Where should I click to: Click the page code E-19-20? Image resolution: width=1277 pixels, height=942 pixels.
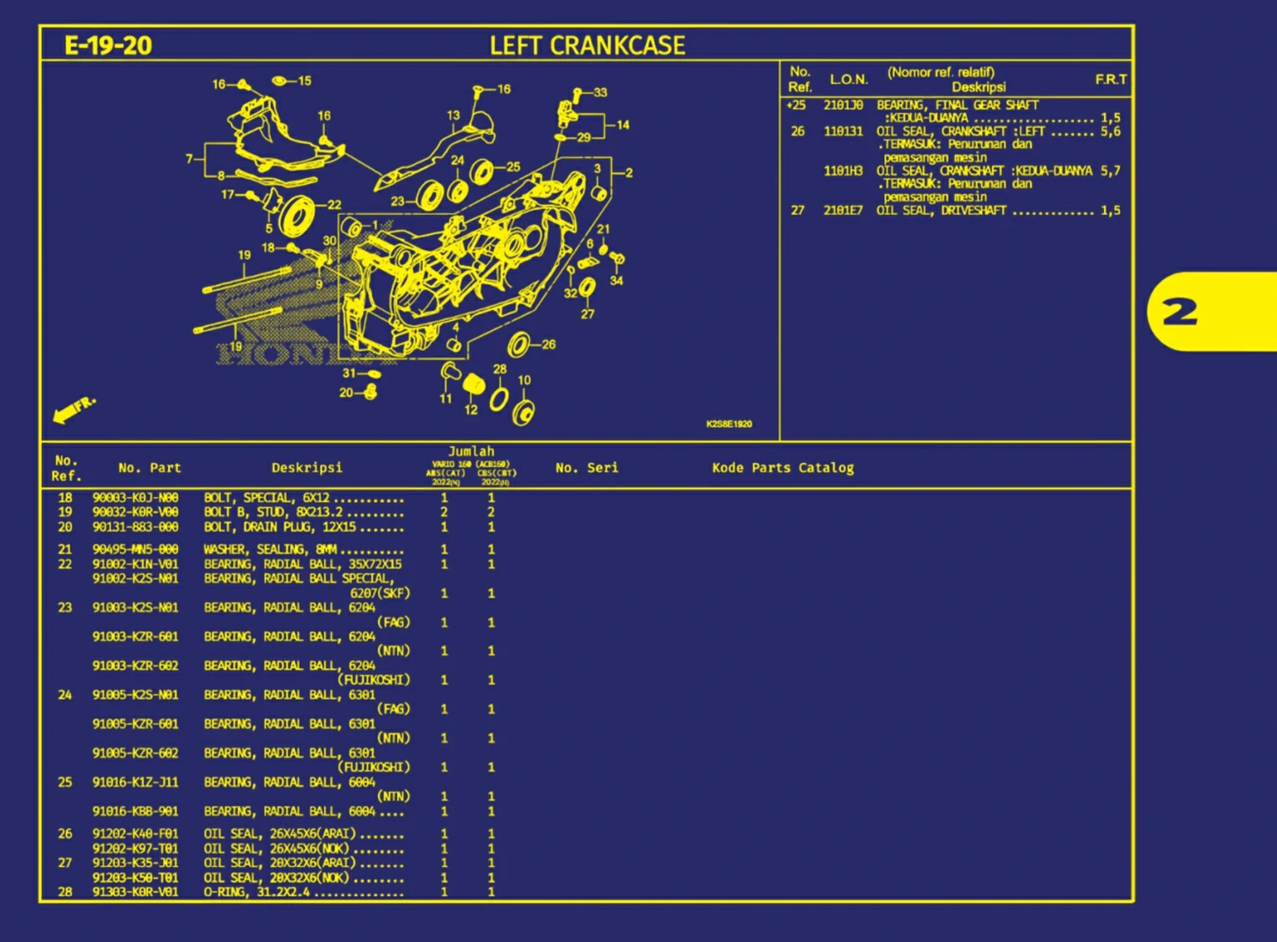click(108, 45)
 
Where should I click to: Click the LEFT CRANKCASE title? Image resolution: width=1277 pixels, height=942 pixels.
click(587, 45)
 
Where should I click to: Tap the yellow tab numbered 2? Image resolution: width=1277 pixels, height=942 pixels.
click(1180, 313)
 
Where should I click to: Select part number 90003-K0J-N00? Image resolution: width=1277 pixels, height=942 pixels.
click(135, 497)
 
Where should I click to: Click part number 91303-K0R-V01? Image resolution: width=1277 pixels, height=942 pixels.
click(135, 892)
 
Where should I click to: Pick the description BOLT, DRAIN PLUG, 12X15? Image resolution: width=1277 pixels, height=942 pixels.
click(280, 527)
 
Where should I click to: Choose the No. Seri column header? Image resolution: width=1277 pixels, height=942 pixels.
click(587, 468)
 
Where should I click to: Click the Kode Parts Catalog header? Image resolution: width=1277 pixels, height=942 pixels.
click(782, 468)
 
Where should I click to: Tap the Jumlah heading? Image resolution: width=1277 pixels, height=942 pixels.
click(471, 451)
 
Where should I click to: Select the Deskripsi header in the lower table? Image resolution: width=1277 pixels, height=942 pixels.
click(307, 468)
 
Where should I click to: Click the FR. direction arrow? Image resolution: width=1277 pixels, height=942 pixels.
click(74, 409)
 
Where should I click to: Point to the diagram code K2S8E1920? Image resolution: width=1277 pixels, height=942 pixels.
click(729, 424)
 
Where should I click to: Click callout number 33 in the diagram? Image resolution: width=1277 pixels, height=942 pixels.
click(600, 92)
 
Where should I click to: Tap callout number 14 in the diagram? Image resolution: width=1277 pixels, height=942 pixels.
click(623, 125)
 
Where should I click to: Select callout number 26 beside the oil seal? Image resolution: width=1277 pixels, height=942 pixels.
click(547, 344)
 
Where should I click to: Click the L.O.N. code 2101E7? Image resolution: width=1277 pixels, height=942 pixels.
click(842, 211)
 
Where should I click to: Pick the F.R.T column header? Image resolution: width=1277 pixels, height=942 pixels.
click(1111, 79)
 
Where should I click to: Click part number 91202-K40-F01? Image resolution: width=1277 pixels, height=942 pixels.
click(135, 833)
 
